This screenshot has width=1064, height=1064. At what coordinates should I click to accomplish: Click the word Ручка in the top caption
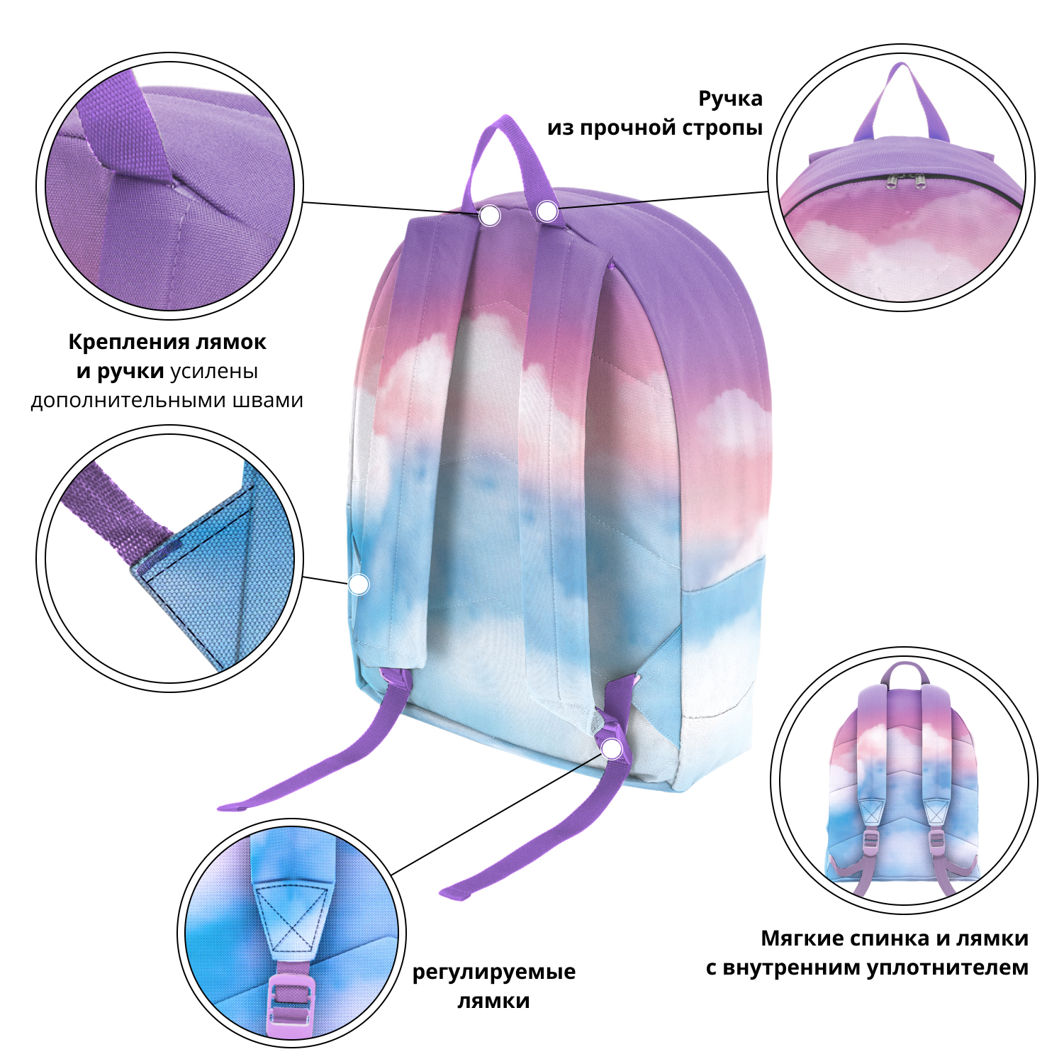click(730, 99)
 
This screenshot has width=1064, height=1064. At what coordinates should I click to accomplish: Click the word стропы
click(722, 128)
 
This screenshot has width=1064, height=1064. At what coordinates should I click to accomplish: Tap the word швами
click(269, 400)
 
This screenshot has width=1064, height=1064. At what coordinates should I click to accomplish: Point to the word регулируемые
click(494, 972)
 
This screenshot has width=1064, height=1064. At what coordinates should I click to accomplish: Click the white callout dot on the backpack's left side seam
click(359, 584)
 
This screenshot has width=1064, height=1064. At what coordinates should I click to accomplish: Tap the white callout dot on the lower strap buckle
click(611, 748)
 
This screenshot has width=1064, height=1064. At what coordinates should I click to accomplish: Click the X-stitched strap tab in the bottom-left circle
click(291, 921)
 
